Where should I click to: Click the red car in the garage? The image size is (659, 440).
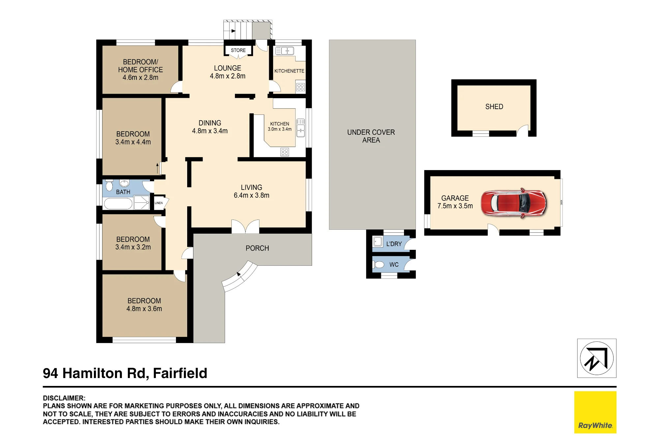click(513, 203)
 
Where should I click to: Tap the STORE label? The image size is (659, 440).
click(238, 50)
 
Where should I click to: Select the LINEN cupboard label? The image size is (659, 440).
click(159, 203)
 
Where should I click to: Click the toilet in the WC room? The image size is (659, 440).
click(379, 265)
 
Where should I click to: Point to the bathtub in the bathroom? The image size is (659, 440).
click(118, 203)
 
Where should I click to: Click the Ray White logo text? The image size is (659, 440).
click(595, 425)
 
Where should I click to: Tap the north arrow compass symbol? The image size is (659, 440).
click(597, 358)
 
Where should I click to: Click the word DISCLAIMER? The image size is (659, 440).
click(64, 398)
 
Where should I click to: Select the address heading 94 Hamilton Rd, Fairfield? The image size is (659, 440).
click(125, 373)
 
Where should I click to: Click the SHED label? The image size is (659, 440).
click(494, 107)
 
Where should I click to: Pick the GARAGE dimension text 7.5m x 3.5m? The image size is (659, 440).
click(455, 206)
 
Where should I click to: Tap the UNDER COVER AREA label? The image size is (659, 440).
click(371, 136)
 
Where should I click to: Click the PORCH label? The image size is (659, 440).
click(257, 248)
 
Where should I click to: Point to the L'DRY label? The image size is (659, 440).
click(394, 244)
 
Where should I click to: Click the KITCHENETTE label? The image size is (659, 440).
click(289, 71)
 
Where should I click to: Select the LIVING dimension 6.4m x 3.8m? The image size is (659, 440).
click(251, 195)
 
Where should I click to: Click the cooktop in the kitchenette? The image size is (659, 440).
click(301, 87)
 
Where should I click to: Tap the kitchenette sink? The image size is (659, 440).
click(285, 51)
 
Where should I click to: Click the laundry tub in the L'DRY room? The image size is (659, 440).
click(378, 242)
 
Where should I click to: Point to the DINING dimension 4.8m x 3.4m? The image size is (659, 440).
click(210, 131)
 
